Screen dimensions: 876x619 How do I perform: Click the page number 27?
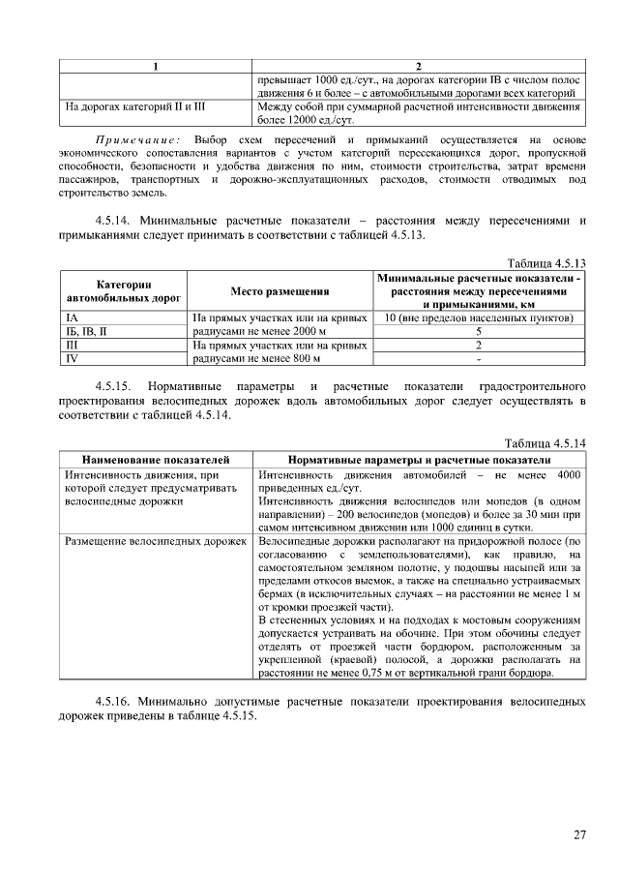click(x=580, y=834)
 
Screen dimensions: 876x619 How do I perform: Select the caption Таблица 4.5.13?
click(x=547, y=262)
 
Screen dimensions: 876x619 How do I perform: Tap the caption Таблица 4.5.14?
click(x=547, y=443)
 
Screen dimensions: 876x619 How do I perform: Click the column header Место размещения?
click(x=280, y=290)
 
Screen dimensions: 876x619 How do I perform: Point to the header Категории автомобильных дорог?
click(x=123, y=290)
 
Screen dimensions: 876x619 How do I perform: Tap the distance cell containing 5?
click(x=479, y=331)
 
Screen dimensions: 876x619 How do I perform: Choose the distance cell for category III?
click(x=479, y=344)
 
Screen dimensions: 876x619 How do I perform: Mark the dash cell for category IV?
click(x=479, y=357)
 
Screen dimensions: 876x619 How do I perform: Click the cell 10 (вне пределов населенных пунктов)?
click(x=479, y=317)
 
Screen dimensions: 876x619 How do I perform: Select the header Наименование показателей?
click(x=156, y=459)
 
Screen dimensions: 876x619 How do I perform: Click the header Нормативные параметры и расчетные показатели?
click(x=420, y=459)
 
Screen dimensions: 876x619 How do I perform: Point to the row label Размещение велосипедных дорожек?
click(x=156, y=541)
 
